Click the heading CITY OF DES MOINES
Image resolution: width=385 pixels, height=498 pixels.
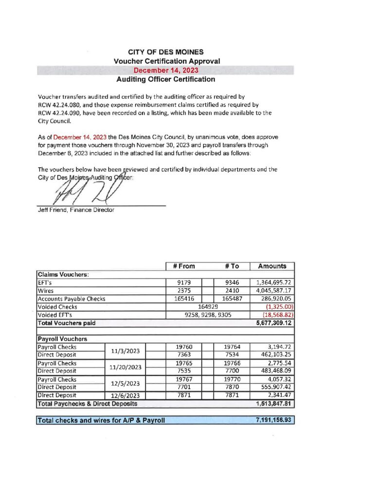pyautogui.click(x=166, y=52)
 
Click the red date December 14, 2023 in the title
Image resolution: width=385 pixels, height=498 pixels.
pyautogui.click(x=166, y=70)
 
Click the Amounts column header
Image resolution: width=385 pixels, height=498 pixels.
pyautogui.click(x=272, y=266)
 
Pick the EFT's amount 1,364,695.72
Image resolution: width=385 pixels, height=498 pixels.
pyautogui.click(x=272, y=282)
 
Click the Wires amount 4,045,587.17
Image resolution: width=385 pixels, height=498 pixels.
pyautogui.click(x=272, y=290)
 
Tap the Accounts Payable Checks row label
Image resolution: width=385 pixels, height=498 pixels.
pyautogui.click(x=71, y=299)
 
